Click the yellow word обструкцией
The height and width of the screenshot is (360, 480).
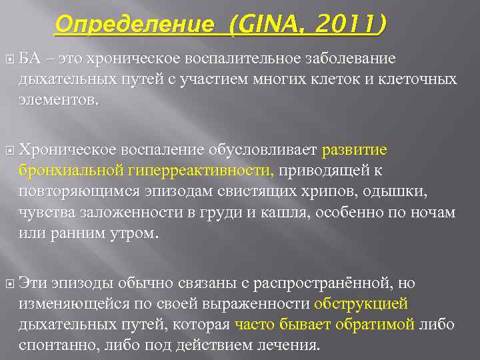coord(361,304)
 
